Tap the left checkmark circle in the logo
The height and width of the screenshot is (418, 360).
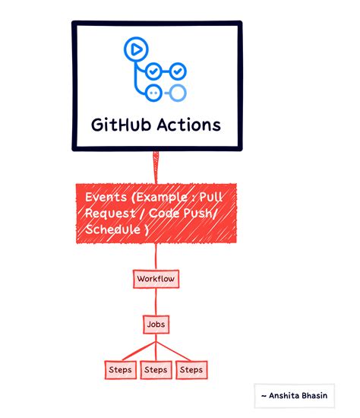pyautogui.click(x=153, y=71)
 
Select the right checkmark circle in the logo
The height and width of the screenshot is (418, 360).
pyautogui.click(x=176, y=71)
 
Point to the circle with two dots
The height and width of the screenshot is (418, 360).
pyautogui.click(x=153, y=93)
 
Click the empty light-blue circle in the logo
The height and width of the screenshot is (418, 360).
pyautogui.click(x=177, y=93)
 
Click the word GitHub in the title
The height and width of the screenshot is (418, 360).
pyautogui.click(x=122, y=124)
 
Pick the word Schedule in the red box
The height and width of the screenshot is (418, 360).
pyautogui.click(x=115, y=229)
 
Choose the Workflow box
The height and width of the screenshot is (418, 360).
pyautogui.click(x=156, y=279)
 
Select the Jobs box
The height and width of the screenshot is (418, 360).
pyautogui.click(x=155, y=325)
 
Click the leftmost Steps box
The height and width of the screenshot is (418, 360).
pyautogui.click(x=119, y=370)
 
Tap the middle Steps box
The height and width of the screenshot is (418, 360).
pyautogui.click(x=155, y=370)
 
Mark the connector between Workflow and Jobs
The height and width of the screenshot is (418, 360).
pyautogui.click(x=155, y=302)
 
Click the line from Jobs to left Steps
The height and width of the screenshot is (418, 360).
pyautogui.click(x=137, y=347)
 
